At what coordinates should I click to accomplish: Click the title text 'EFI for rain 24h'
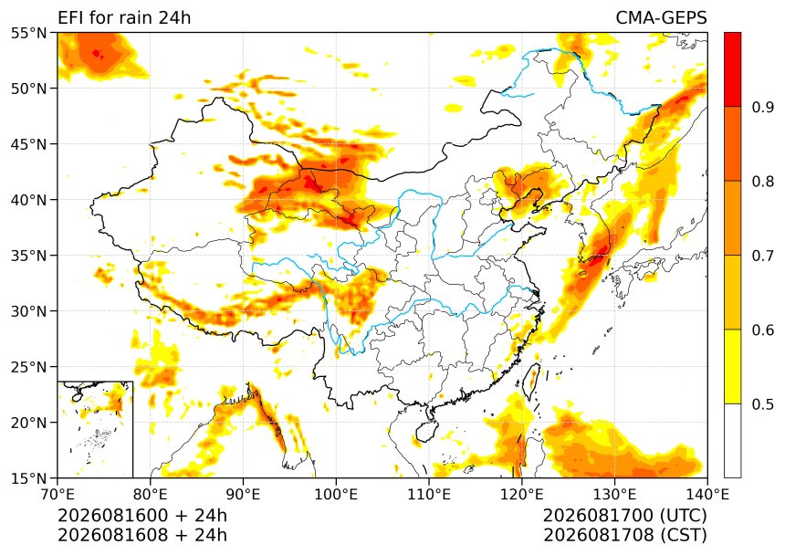(x=124, y=17)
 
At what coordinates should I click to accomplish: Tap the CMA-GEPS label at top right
(x=661, y=17)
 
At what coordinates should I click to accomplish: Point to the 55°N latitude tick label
(x=28, y=33)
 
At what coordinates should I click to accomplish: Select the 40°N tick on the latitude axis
(x=28, y=200)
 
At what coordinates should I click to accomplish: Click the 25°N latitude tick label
(x=28, y=367)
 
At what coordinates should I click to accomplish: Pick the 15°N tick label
(x=28, y=478)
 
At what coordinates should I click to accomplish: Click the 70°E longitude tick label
(x=58, y=495)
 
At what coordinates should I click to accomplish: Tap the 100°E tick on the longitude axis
(x=336, y=495)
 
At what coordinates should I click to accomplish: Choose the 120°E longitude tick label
(x=522, y=495)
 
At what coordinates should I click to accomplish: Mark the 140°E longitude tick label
(x=707, y=495)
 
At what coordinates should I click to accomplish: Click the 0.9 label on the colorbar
(x=763, y=107)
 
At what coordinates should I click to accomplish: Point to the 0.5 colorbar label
(x=763, y=403)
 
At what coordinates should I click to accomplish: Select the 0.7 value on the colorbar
(x=763, y=256)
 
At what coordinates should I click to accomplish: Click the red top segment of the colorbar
(x=732, y=69)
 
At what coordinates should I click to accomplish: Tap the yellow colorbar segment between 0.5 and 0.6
(x=732, y=366)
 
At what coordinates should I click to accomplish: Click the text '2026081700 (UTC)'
(x=624, y=515)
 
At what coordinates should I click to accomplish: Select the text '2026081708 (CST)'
(x=624, y=535)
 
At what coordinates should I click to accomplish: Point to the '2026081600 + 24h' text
(x=142, y=515)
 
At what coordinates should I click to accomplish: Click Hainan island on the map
(x=427, y=431)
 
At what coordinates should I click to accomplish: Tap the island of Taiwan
(x=531, y=381)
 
